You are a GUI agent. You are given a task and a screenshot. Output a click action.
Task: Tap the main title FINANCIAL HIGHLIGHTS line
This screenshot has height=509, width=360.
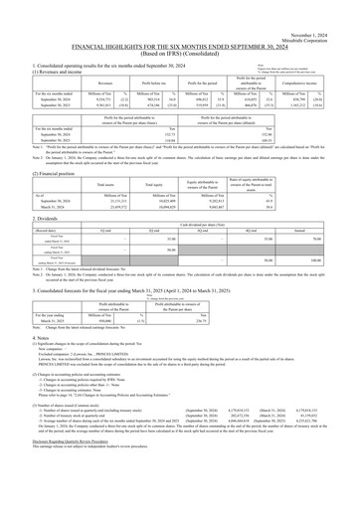click(x=180, y=32)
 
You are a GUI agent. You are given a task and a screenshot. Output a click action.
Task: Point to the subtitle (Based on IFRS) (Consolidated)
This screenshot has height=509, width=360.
click(x=180, y=40)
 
